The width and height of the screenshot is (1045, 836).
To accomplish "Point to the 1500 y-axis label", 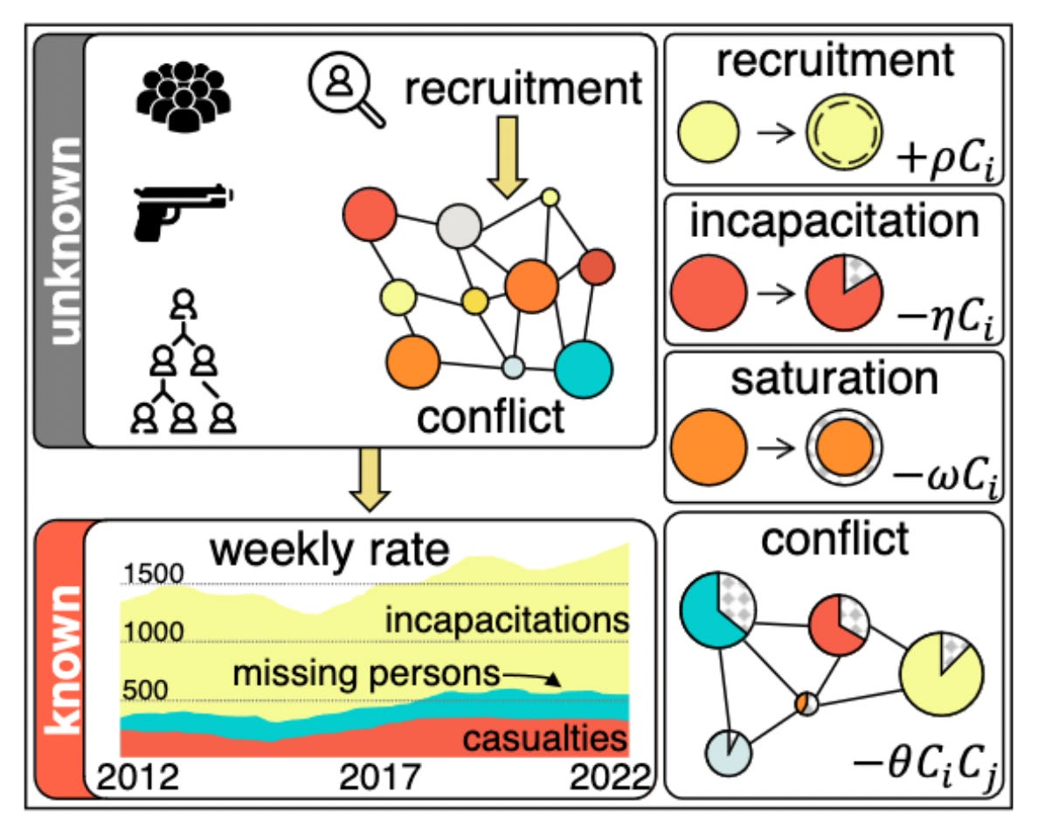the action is pyautogui.click(x=152, y=575).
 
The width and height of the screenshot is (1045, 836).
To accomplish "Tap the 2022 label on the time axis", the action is pyautogui.click(x=607, y=777).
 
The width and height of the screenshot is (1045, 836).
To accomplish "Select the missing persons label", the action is pyautogui.click(x=365, y=674).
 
